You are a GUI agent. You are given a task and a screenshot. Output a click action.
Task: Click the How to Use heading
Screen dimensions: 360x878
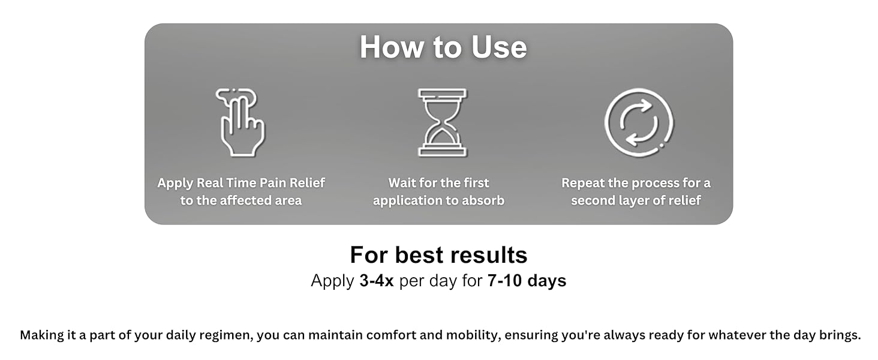[443, 47]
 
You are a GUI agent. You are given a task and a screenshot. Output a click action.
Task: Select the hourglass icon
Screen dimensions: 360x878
[442, 122]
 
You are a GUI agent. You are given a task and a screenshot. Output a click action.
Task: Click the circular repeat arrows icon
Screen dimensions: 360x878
[639, 122]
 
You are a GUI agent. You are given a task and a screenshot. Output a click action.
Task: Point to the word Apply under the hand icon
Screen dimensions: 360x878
[175, 184]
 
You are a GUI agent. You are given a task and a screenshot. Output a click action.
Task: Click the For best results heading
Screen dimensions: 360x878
[438, 255]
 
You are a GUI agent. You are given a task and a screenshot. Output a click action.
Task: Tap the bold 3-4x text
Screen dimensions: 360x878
[377, 281]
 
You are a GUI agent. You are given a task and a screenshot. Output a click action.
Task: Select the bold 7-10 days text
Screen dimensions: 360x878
[525, 281]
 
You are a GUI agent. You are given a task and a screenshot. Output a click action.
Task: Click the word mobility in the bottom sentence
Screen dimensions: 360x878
[472, 335]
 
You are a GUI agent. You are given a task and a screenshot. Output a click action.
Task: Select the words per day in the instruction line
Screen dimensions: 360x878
[428, 281]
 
